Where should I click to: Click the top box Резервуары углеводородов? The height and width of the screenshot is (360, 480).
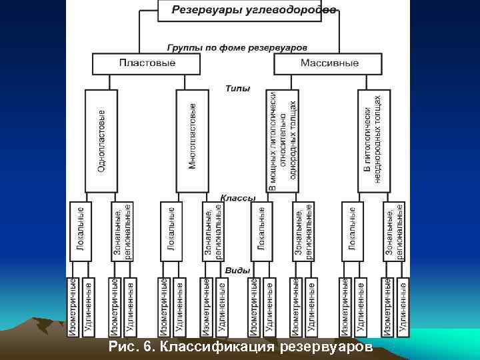point(253,9)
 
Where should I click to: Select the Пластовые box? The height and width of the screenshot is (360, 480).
point(147,63)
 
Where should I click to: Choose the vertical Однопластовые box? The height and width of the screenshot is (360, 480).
point(102,140)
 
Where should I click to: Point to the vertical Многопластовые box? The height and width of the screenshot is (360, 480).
point(193,140)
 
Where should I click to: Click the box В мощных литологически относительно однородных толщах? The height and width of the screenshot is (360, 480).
point(283,140)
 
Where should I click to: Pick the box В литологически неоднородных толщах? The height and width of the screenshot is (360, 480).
point(374,140)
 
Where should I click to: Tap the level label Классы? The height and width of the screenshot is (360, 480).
point(238,198)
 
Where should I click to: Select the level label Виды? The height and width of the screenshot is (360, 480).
point(238,271)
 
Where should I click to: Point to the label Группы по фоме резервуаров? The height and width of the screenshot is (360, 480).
point(237,48)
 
